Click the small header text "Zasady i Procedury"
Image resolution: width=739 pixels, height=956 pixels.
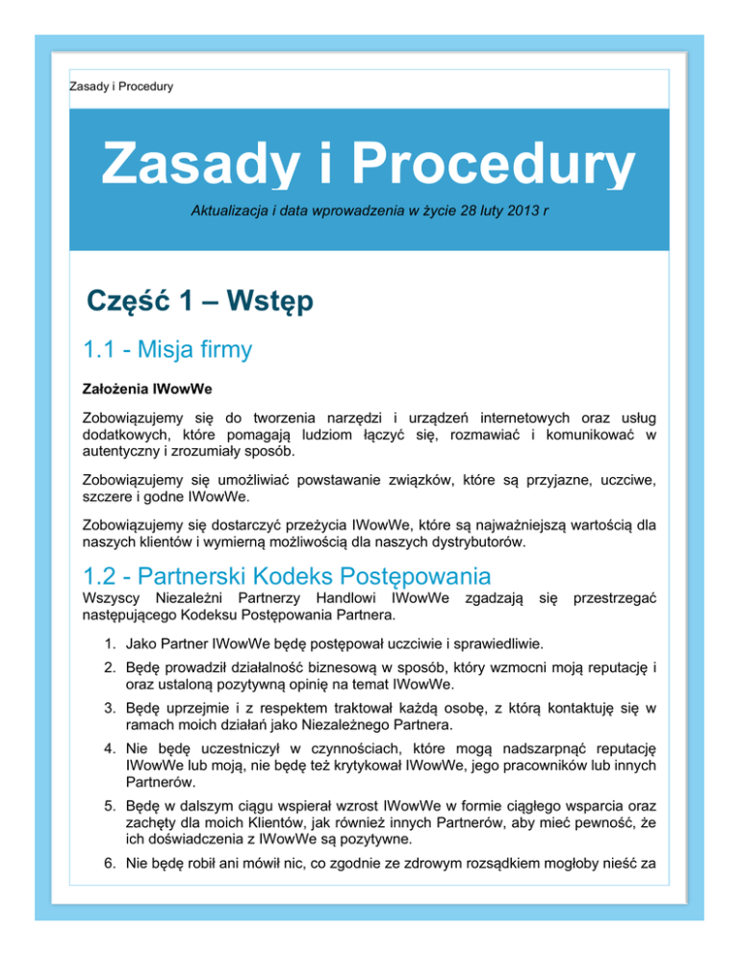tap(121, 88)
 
